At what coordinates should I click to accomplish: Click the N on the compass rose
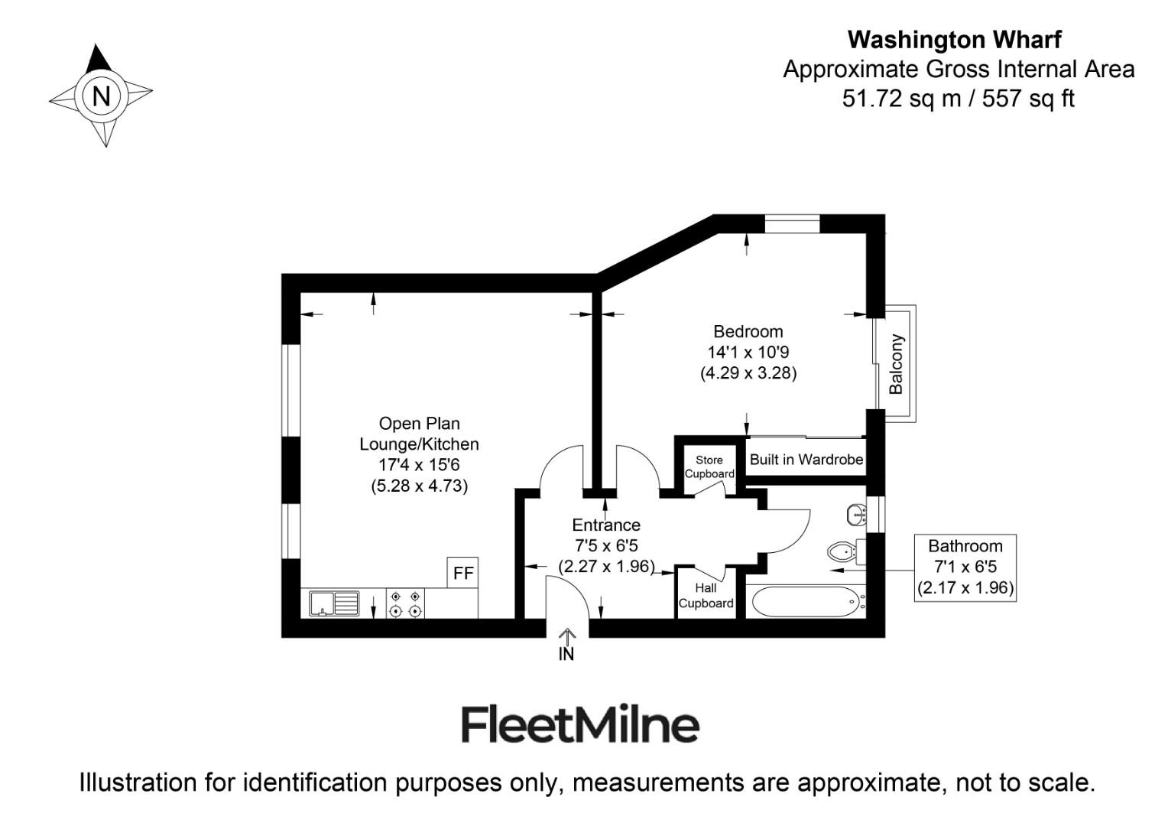pyautogui.click(x=101, y=96)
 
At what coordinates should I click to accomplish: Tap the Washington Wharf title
pyautogui.click(x=955, y=40)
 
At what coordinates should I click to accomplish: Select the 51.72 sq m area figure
pyautogui.click(x=901, y=99)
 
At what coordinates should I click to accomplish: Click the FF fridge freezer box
pyautogui.click(x=462, y=572)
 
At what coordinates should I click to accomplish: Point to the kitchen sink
pyautogui.click(x=334, y=603)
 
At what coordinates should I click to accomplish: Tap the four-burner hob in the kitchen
pyautogui.click(x=405, y=603)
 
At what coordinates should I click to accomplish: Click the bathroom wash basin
pyautogui.click(x=856, y=515)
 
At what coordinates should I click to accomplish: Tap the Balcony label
pyautogui.click(x=896, y=364)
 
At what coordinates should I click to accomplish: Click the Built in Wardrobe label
pyautogui.click(x=806, y=459)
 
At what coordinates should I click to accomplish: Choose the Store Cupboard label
pyautogui.click(x=709, y=467)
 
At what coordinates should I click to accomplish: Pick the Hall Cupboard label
pyautogui.click(x=706, y=595)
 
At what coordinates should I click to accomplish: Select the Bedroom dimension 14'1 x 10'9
pyautogui.click(x=748, y=353)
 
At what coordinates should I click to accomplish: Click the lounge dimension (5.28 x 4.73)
pyautogui.click(x=419, y=486)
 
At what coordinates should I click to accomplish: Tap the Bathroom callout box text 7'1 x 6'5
pyautogui.click(x=965, y=567)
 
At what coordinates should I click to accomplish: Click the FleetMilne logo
pyautogui.click(x=580, y=725)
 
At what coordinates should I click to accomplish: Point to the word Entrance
pyautogui.click(x=606, y=525)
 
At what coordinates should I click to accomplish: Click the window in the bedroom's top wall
pyautogui.click(x=792, y=223)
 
